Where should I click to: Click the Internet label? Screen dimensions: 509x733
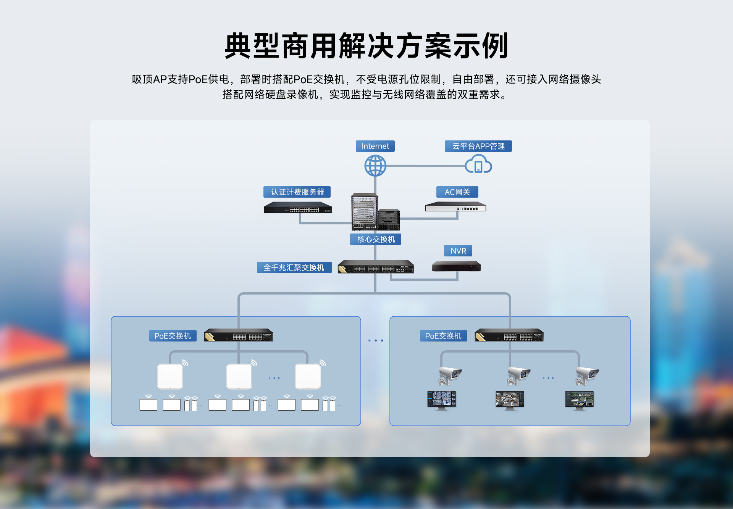(x=375, y=146)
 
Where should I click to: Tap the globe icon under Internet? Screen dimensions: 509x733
(x=375, y=166)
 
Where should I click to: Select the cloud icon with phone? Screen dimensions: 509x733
(x=478, y=164)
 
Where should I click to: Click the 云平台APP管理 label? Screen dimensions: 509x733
(x=478, y=146)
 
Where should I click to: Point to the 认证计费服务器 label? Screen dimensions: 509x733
(x=297, y=192)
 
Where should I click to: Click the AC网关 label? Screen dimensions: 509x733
(x=457, y=192)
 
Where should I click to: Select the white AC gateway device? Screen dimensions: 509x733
(x=455, y=207)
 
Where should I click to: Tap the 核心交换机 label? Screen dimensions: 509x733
(x=376, y=239)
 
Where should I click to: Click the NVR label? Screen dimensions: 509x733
(x=458, y=251)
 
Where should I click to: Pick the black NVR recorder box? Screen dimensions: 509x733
(x=456, y=266)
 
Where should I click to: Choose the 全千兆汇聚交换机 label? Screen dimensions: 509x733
(x=294, y=267)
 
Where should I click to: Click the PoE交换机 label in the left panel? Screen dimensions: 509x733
(x=173, y=336)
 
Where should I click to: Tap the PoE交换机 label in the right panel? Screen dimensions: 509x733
(x=443, y=336)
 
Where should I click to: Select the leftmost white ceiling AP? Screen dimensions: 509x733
(x=170, y=376)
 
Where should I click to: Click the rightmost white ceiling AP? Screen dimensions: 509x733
(x=308, y=376)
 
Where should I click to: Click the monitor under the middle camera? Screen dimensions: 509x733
(x=510, y=400)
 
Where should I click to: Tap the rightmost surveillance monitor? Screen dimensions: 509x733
(x=579, y=400)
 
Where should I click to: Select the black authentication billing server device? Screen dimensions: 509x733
(x=298, y=208)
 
